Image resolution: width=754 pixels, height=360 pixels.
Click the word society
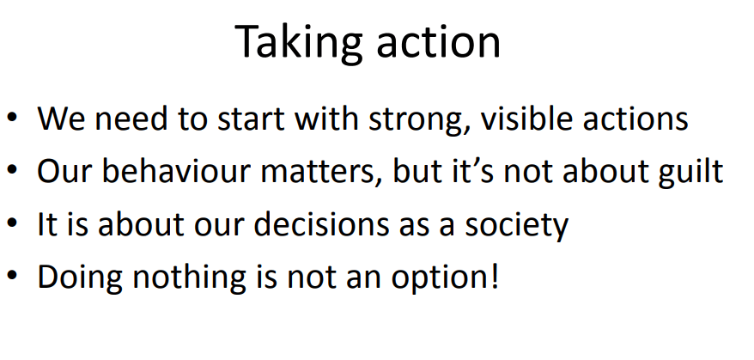tap(517, 225)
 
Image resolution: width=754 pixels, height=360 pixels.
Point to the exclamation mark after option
tap(494, 277)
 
